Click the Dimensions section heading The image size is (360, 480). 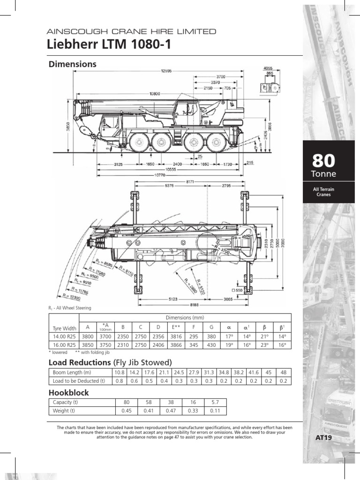point(73,64)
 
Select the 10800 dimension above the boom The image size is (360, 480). point(154,94)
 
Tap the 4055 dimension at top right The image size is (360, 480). point(268,68)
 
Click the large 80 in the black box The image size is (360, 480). point(323,161)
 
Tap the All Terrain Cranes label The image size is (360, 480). point(324,192)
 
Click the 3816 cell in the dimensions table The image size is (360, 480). point(177,336)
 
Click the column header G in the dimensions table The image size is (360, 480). point(211,328)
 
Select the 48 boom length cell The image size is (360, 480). point(283,373)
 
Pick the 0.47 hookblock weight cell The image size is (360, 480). point(171,411)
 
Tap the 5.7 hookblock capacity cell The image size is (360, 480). point(215,402)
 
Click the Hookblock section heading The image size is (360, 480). point(69,392)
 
